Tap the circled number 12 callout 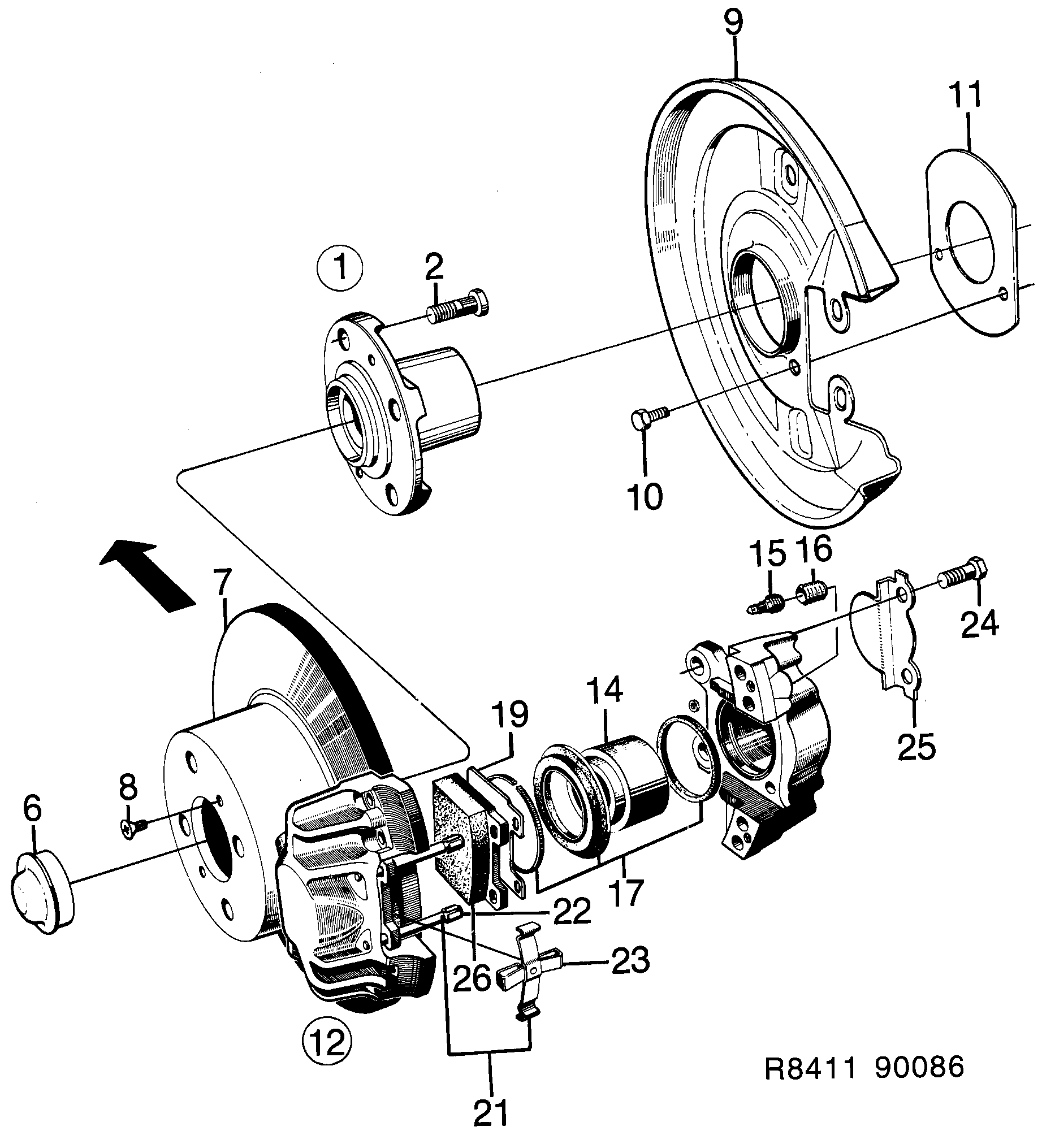[327, 1041]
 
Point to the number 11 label [965, 94]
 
